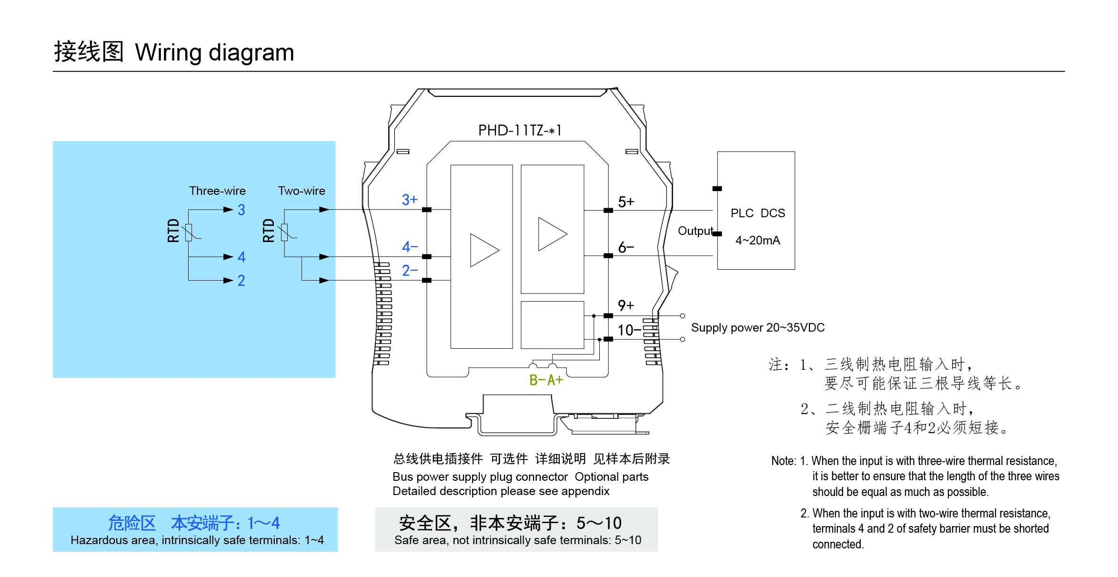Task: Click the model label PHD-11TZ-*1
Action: click(520, 130)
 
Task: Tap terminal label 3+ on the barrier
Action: click(409, 200)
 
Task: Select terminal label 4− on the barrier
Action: click(409, 246)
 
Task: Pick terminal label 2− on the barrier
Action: click(409, 271)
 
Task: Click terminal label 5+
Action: click(626, 202)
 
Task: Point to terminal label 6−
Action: click(626, 247)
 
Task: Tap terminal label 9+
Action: click(626, 305)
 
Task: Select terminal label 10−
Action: click(629, 330)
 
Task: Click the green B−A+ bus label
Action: click(546, 380)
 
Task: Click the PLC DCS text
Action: click(757, 213)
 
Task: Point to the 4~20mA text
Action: click(757, 240)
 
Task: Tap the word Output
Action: click(695, 231)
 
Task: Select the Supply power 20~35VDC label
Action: click(757, 327)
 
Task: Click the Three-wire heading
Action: click(217, 191)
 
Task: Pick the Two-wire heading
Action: click(302, 191)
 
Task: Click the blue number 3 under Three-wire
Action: click(242, 210)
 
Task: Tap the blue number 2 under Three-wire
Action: click(242, 280)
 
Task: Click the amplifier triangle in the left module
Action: click(483, 250)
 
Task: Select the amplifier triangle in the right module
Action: click(551, 234)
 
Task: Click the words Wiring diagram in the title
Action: click(214, 52)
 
